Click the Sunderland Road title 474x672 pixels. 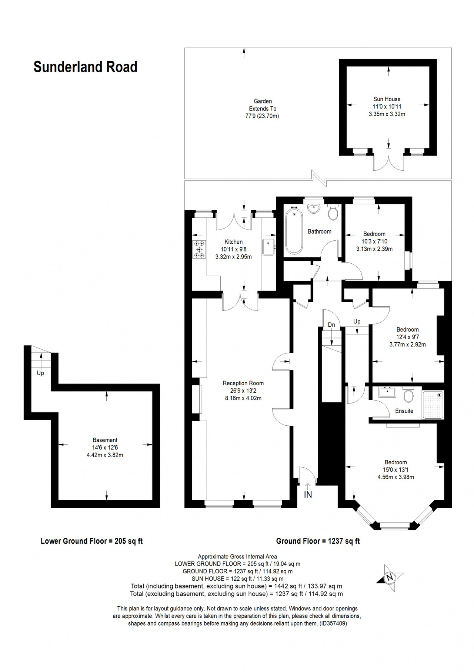click(86, 67)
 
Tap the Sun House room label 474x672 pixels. click(387, 99)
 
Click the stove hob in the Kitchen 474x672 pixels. click(200, 250)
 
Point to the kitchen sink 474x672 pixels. click(268, 247)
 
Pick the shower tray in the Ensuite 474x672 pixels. click(433, 404)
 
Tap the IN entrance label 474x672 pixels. click(308, 495)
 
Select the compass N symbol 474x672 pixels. click(389, 578)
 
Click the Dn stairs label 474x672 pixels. click(331, 325)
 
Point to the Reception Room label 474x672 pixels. click(243, 383)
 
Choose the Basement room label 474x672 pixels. click(105, 440)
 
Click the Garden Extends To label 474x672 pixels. click(263, 105)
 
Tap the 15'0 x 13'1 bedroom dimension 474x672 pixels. click(396, 470)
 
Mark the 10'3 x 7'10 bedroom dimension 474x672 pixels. click(374, 241)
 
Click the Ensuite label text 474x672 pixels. click(404, 411)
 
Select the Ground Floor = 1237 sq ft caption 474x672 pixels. click(318, 541)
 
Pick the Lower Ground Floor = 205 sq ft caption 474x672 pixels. click(92, 541)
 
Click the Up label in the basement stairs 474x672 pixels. click(40, 373)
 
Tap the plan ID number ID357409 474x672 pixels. click(333, 623)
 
